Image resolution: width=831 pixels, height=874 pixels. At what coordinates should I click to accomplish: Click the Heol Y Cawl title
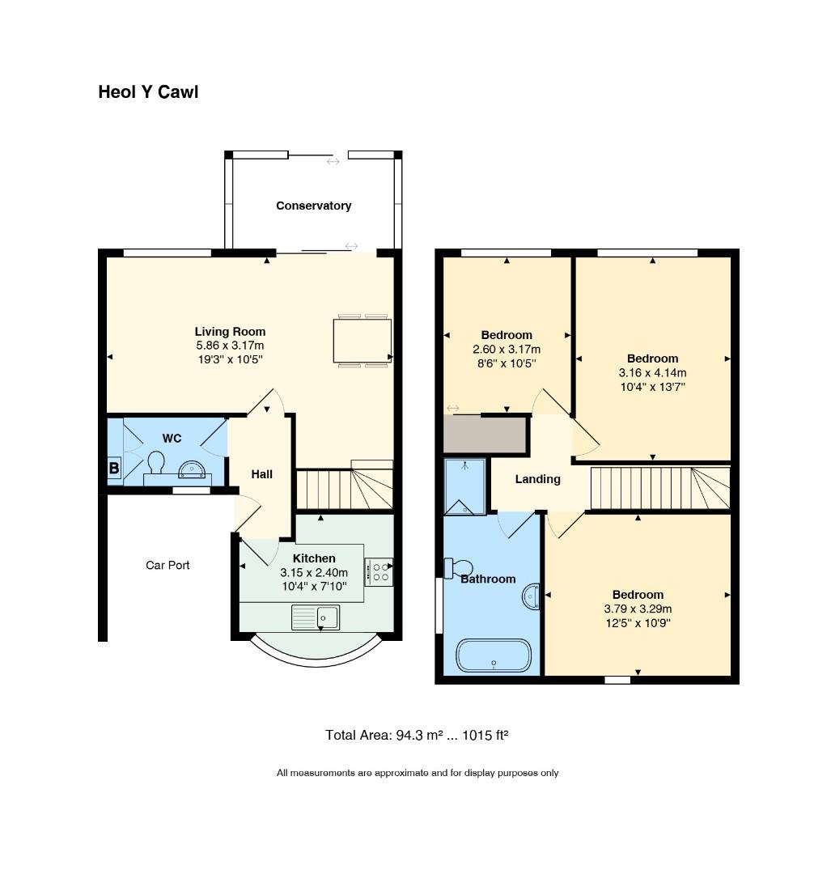click(x=148, y=92)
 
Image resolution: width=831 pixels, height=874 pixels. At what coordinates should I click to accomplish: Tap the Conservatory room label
click(x=313, y=206)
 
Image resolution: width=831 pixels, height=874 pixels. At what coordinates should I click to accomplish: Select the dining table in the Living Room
click(x=362, y=341)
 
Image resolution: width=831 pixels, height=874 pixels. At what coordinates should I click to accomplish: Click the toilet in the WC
click(x=155, y=463)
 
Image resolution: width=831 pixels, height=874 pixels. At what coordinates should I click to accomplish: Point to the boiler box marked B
click(x=114, y=468)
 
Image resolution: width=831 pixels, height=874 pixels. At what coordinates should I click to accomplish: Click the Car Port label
click(x=167, y=565)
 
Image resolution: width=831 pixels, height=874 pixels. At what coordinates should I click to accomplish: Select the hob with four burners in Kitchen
click(x=378, y=572)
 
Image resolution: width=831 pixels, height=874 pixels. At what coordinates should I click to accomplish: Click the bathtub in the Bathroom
click(x=494, y=655)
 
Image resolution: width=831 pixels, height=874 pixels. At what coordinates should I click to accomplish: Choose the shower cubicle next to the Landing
click(x=464, y=487)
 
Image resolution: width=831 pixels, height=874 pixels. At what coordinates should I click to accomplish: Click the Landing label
click(x=537, y=479)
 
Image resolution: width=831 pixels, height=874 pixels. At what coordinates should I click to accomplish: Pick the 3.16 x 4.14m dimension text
click(x=652, y=373)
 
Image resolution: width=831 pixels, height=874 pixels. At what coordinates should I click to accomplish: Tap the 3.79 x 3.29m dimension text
click(x=638, y=609)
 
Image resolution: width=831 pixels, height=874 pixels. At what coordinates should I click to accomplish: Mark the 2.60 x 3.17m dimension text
click(x=507, y=350)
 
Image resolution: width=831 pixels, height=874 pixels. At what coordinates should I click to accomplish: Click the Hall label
click(x=261, y=474)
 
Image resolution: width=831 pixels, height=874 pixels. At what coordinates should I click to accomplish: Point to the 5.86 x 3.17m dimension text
click(x=230, y=346)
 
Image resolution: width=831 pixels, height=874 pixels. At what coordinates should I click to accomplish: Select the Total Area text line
click(x=416, y=736)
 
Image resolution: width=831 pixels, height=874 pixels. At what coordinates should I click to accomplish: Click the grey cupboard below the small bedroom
click(x=485, y=435)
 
